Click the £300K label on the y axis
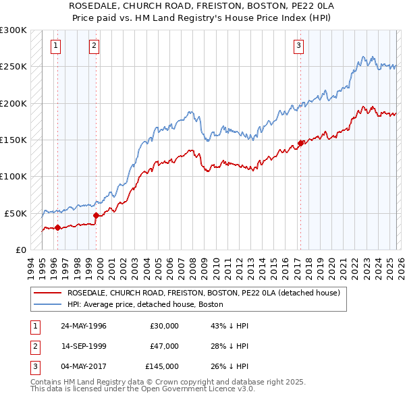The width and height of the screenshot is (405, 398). pos(13,30)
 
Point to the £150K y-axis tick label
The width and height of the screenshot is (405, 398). pos(13,140)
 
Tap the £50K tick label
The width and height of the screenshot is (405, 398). pos(16,213)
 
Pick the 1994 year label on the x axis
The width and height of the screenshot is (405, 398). pos(31,264)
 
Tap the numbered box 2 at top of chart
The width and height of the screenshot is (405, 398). pos(94,46)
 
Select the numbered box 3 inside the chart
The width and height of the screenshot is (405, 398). pos(298,46)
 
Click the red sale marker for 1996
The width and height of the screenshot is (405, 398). pos(58,227)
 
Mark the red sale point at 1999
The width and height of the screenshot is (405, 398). pos(97,215)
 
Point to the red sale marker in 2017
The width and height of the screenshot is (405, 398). pos(300,143)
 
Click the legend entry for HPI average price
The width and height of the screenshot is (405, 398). pos(145,304)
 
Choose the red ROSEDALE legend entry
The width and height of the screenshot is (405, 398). pos(207,293)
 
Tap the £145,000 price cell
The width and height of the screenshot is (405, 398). pos(162,366)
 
